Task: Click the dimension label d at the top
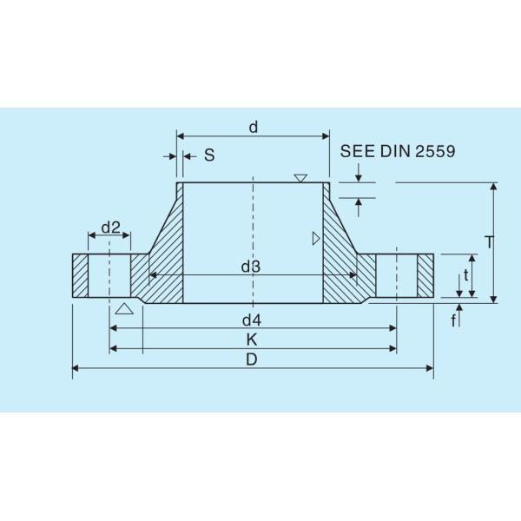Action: pos(253,128)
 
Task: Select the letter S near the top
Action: pos(208,155)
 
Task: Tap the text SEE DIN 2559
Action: pos(398,150)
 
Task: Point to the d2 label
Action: pos(110,228)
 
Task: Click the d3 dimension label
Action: pos(251,267)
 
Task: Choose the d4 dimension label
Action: pos(252,320)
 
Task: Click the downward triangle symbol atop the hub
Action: pos(300,178)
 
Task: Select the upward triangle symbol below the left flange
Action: pos(124,308)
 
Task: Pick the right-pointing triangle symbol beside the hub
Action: pos(316,237)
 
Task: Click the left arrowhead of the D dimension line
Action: pos(76,369)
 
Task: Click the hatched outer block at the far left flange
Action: pos(80,277)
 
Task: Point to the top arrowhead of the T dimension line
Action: pos(493,187)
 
